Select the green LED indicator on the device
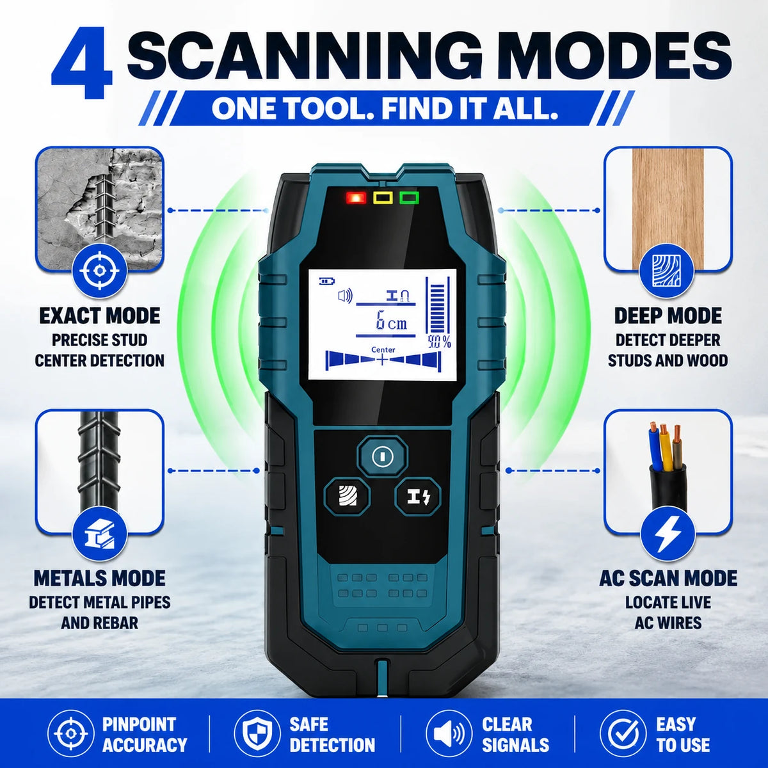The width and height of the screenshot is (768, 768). (x=410, y=198)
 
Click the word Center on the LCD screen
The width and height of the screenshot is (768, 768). (x=383, y=349)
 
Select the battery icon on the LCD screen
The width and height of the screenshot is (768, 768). (x=327, y=282)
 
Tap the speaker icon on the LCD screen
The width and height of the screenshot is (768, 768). (x=345, y=296)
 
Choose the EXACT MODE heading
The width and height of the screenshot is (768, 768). (x=100, y=316)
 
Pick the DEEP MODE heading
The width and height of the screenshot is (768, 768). (x=668, y=316)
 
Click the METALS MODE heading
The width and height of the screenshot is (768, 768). (x=100, y=579)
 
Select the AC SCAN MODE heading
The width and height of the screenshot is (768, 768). (x=668, y=579)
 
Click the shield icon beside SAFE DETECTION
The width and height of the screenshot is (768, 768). (x=255, y=733)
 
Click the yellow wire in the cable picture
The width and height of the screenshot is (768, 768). (x=663, y=449)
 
